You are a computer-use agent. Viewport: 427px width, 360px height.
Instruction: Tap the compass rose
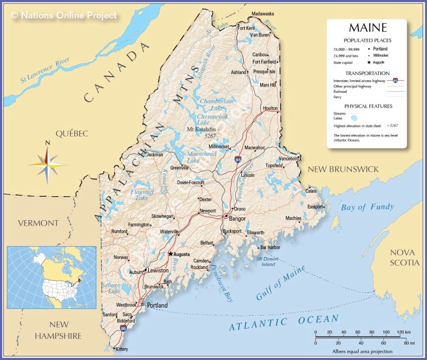click(47, 163)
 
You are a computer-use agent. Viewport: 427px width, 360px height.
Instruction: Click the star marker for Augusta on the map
click(170, 254)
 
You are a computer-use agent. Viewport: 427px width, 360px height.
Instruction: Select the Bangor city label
click(237, 218)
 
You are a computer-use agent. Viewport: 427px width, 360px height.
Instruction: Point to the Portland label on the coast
click(157, 305)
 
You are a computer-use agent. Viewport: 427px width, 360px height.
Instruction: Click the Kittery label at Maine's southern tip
click(121, 349)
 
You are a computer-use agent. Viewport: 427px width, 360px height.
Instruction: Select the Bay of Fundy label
click(367, 207)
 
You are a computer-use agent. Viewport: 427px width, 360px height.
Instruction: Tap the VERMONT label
click(38, 222)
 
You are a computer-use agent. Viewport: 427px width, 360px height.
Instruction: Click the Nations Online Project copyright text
click(64, 15)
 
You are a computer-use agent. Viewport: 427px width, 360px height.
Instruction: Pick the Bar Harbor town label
click(270, 247)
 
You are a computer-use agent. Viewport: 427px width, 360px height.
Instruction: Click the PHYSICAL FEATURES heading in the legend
click(368, 106)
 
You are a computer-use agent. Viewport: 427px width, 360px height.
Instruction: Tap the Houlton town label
click(270, 108)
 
